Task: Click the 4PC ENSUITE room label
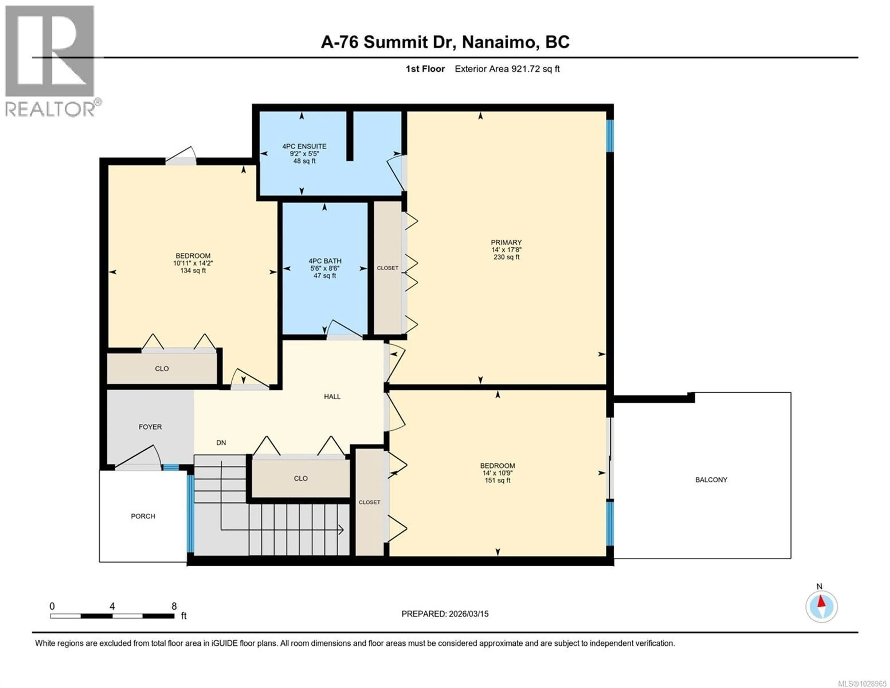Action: (304, 146)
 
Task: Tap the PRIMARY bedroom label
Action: (506, 242)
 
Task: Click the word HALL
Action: (332, 396)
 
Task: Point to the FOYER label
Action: (150, 427)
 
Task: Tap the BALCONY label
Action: (711, 480)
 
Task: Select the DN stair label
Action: (221, 442)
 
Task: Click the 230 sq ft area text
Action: (506, 257)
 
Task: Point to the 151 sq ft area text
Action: (497, 480)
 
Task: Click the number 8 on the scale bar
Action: (174, 606)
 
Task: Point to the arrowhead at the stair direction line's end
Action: (341, 530)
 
